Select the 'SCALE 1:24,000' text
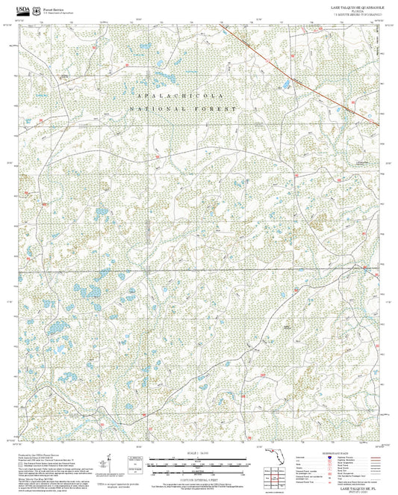coord(198,454)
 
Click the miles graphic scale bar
coord(198,461)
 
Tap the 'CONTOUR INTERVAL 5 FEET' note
coord(198,478)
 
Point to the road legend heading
coord(335,454)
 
